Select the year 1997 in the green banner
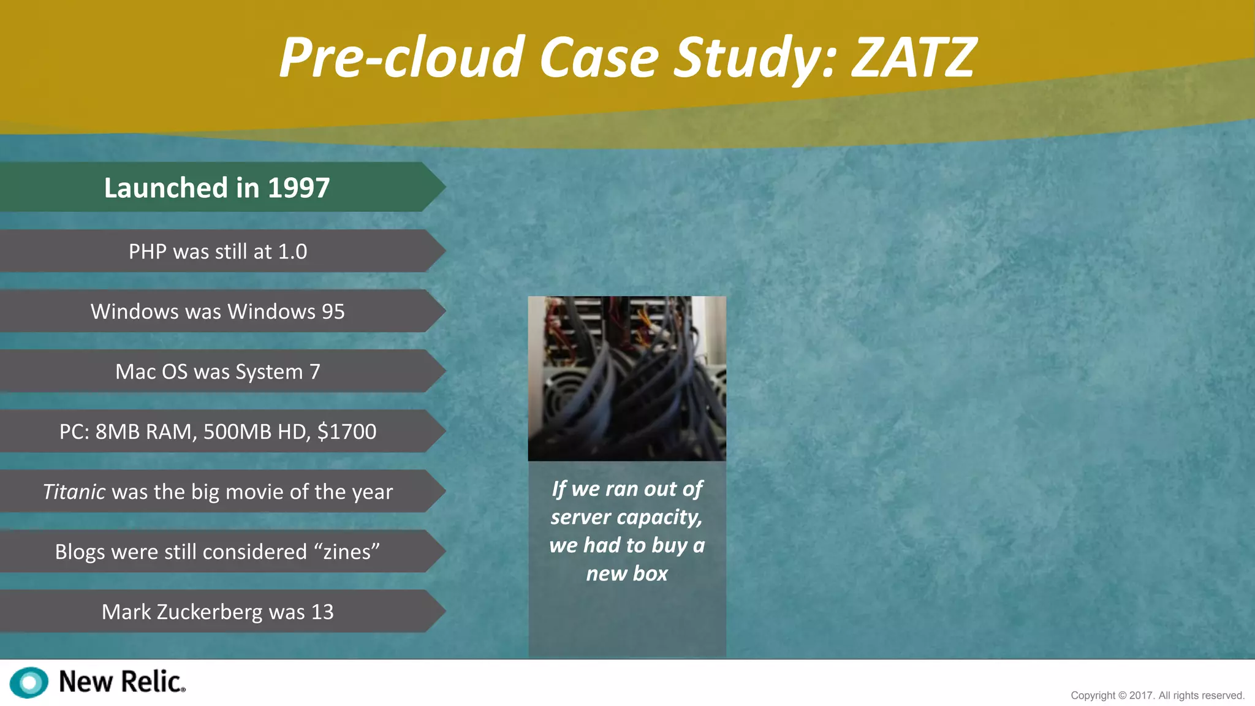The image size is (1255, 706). point(298,188)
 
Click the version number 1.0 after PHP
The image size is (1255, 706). point(292,251)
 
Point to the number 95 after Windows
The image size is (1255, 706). point(333,311)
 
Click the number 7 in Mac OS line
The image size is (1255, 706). point(314,371)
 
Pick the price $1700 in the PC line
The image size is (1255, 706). point(347,431)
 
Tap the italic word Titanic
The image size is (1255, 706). point(74,492)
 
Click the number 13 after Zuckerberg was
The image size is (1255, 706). point(322,612)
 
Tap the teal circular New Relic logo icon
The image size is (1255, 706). point(29,682)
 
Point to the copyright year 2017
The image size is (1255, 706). point(1141,696)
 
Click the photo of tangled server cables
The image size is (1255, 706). point(627,378)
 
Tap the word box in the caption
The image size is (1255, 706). point(650,574)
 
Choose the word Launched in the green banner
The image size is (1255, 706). point(166,188)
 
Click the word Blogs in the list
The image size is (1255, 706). point(80,552)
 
